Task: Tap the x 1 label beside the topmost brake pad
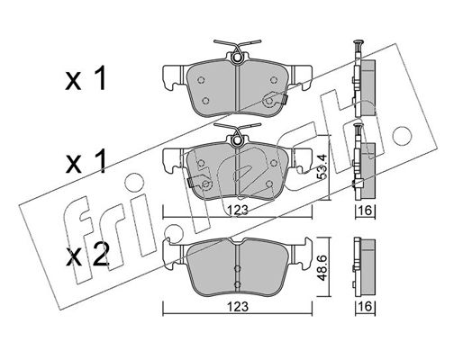(86, 78)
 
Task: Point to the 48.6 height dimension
(322, 268)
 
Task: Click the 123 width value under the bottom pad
(238, 307)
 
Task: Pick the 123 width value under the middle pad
(238, 210)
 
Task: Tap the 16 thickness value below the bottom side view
(366, 307)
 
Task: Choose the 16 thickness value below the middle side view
(366, 210)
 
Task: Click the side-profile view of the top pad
(364, 78)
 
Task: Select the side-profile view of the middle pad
(364, 161)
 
